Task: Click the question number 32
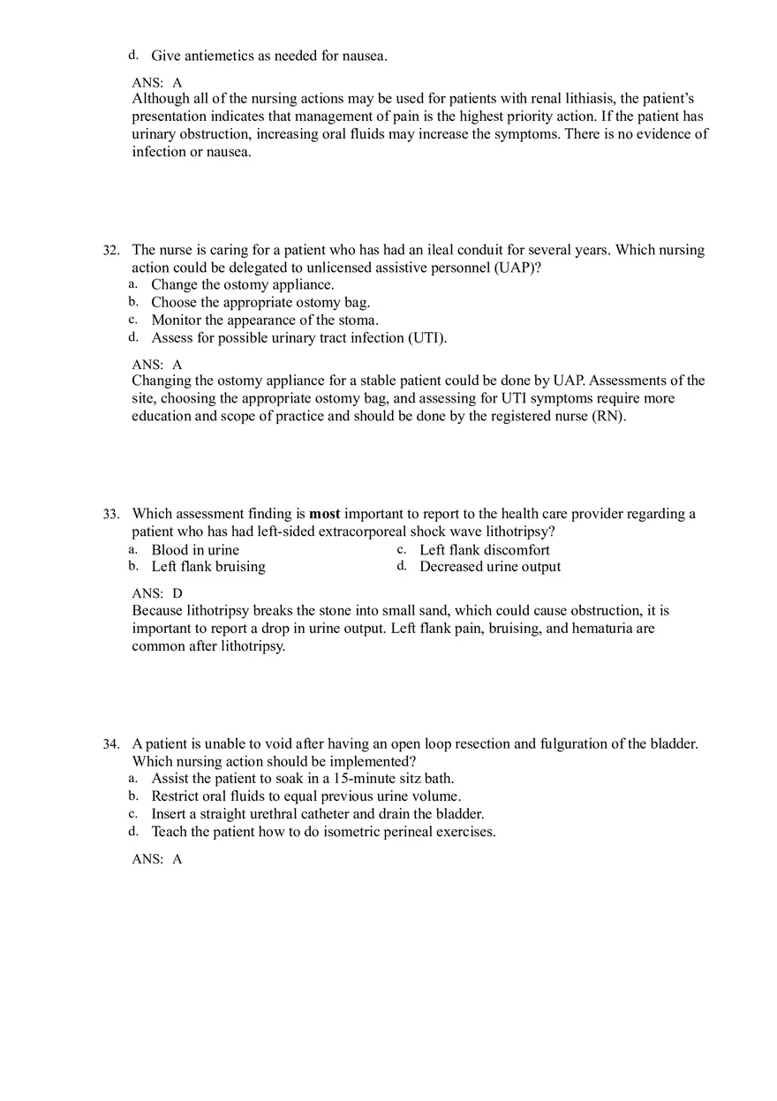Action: coord(110,251)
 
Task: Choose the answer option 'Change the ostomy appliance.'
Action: coord(242,285)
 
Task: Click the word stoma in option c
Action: coord(358,320)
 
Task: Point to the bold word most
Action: coord(324,514)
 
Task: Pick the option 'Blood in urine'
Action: coord(195,550)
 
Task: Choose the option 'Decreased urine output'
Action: coord(490,567)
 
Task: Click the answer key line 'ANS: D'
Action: coord(157,593)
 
